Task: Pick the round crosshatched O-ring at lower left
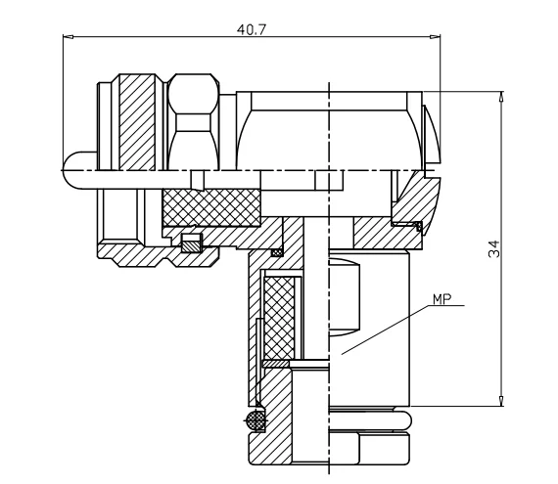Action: click(x=256, y=420)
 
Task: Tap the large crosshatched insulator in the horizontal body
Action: click(x=210, y=206)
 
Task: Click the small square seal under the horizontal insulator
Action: click(x=191, y=242)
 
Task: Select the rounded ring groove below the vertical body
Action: click(x=367, y=420)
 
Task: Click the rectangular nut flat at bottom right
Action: click(x=383, y=450)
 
